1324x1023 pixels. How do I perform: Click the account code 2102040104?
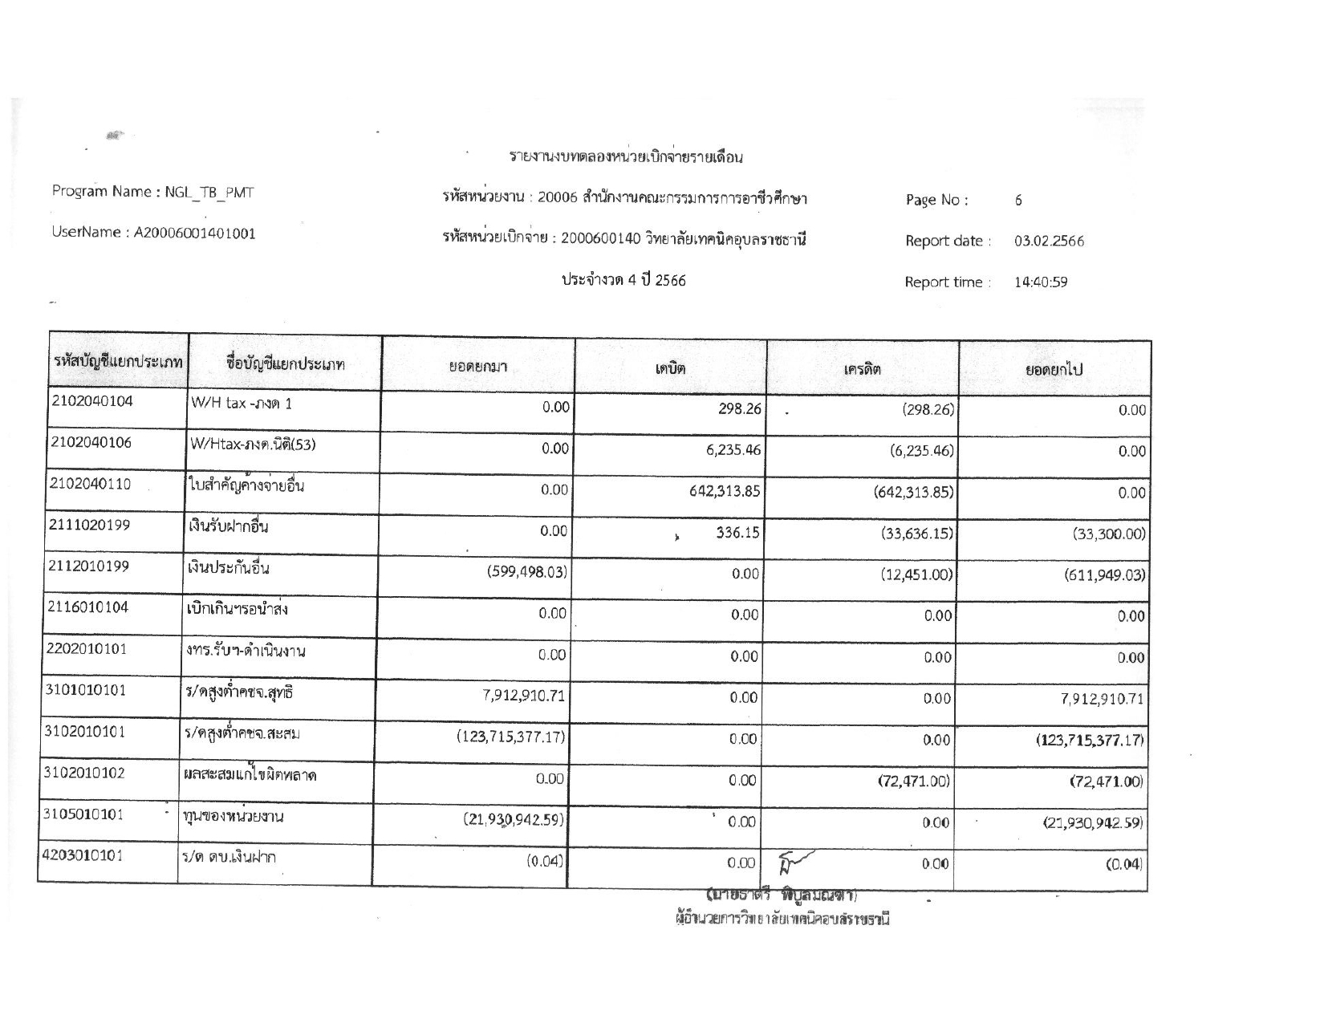[x=91, y=401]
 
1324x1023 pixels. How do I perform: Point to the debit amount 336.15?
[x=737, y=532]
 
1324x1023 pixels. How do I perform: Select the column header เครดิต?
[x=862, y=369]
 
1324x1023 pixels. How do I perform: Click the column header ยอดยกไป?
[x=1054, y=369]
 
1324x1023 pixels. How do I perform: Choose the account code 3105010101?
[x=83, y=814]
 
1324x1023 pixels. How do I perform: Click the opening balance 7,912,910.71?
[x=524, y=696]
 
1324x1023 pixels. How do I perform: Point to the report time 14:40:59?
[x=1041, y=282]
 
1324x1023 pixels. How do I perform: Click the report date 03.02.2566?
[x=1049, y=241]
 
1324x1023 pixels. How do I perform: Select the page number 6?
[x=1018, y=201]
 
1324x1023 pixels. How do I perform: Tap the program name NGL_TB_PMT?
[x=209, y=192]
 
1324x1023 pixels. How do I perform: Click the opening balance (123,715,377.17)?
[x=512, y=737]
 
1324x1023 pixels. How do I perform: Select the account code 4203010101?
[x=82, y=855]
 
